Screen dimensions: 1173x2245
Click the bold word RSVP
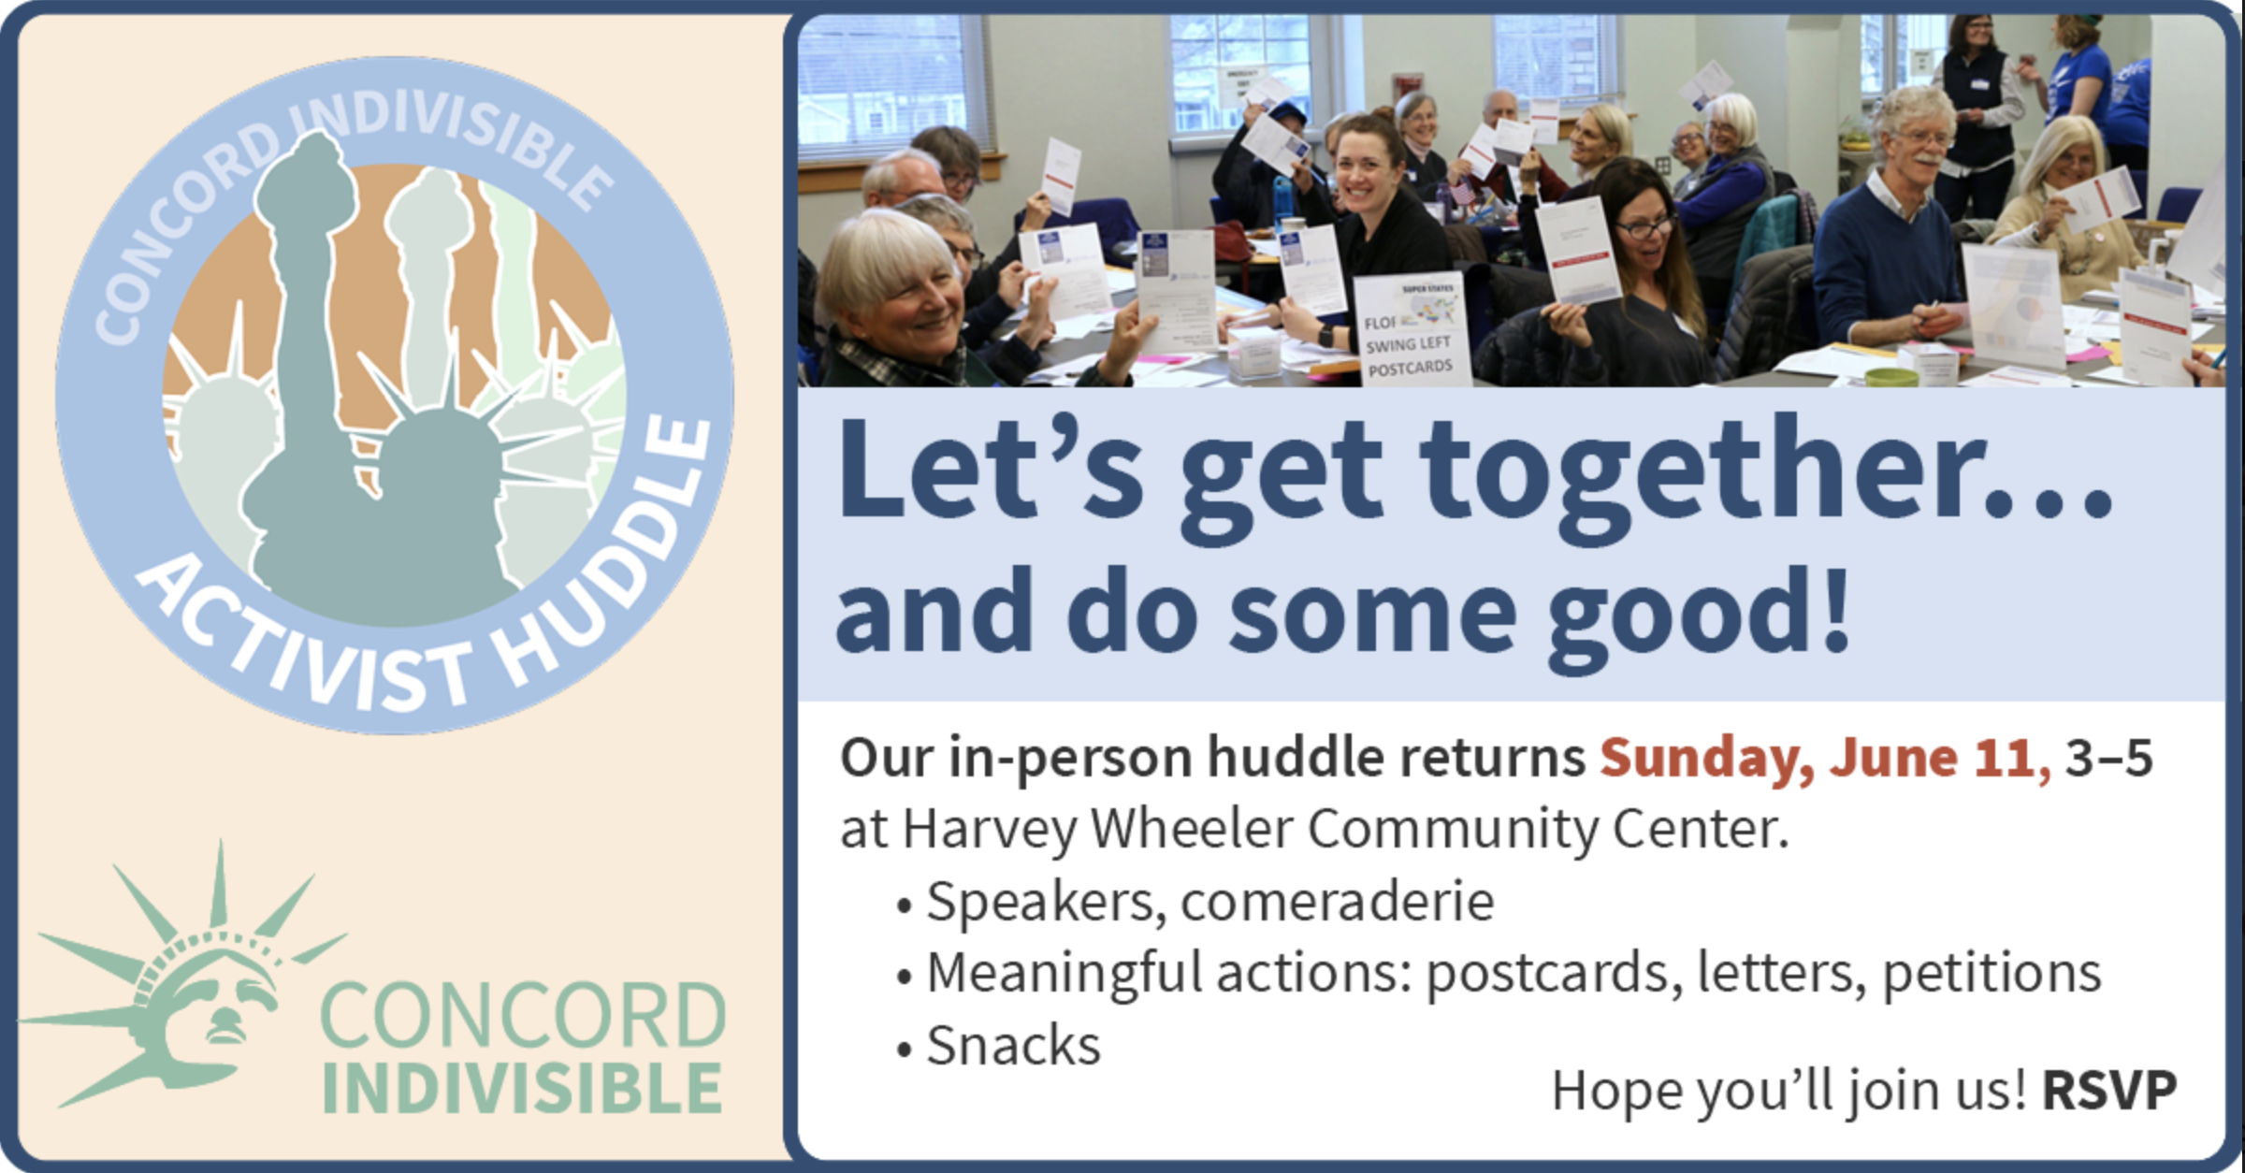click(x=2109, y=1090)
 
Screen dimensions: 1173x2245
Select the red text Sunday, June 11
click(x=1824, y=758)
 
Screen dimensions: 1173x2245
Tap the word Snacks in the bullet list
click(x=1013, y=1046)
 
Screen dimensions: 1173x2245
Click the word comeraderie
click(x=1338, y=902)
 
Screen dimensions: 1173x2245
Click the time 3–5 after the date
click(x=2109, y=758)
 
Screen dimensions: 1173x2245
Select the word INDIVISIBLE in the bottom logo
click(x=522, y=1090)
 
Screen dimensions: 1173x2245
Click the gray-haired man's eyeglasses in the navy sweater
click(x=1927, y=139)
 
